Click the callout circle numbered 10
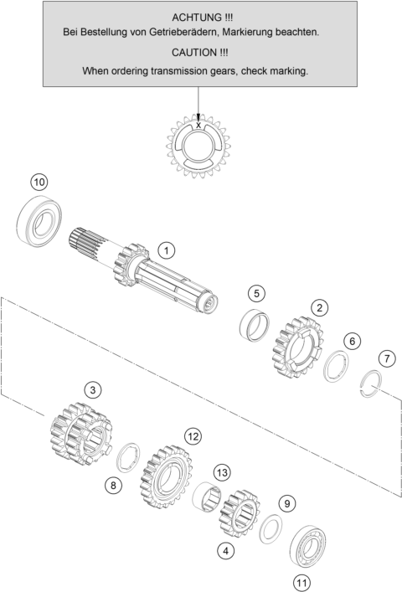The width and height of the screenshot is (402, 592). click(x=39, y=183)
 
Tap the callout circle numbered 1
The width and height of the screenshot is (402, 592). click(x=167, y=250)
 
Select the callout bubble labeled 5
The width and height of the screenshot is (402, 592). click(x=256, y=293)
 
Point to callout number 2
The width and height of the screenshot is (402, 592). click(x=320, y=307)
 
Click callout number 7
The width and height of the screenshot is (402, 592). click(x=387, y=358)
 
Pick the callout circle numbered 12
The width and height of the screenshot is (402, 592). click(x=193, y=437)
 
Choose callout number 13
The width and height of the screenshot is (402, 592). click(x=222, y=473)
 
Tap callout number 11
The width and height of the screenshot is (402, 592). click(x=301, y=583)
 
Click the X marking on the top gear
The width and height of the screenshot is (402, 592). click(x=198, y=125)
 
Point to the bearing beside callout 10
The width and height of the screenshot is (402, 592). click(x=40, y=221)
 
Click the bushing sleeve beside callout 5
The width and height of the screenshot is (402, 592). click(x=255, y=323)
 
